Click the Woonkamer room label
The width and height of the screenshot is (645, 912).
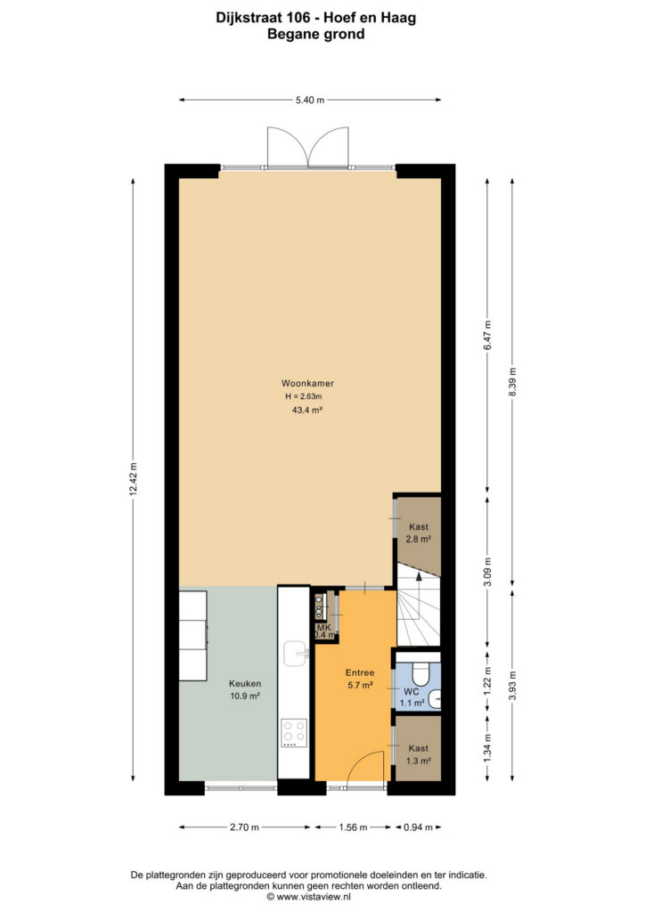(x=307, y=383)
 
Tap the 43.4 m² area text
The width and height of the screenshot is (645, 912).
(x=307, y=410)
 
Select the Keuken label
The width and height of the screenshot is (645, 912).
(x=245, y=683)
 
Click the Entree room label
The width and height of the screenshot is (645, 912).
(x=360, y=672)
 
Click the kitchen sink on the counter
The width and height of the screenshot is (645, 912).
(x=296, y=653)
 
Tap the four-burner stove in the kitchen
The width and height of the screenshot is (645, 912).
(x=294, y=733)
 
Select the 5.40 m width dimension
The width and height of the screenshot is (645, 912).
(x=310, y=100)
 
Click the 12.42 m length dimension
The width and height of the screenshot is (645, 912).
(x=134, y=479)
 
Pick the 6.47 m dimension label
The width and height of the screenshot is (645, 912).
(x=487, y=335)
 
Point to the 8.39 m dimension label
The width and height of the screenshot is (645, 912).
(x=512, y=382)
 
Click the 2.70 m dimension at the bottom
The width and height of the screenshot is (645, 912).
(x=244, y=827)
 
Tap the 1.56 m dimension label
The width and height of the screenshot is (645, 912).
(x=353, y=827)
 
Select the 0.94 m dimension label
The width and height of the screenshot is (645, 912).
(x=418, y=827)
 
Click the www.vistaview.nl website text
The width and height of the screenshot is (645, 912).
(x=309, y=897)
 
